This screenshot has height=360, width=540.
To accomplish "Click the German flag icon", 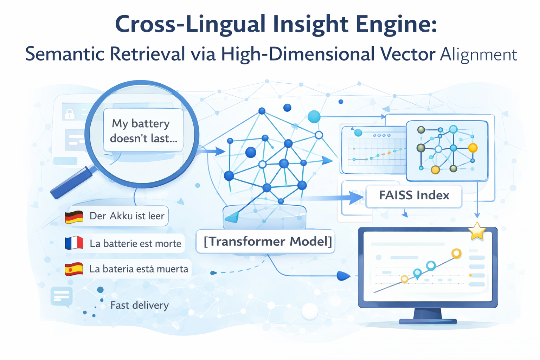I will coord(74,217).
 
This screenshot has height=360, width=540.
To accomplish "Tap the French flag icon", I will coord(74,243).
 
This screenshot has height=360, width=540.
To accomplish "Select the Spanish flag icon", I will coord(74,269).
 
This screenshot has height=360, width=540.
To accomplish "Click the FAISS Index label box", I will coord(414,195).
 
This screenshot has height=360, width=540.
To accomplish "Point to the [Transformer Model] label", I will coord(268,242).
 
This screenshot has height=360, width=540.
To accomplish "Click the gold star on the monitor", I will coord(477,231).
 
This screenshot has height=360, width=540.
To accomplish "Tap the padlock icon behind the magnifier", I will coord(70,114).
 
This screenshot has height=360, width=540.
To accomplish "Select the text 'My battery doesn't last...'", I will coord(143,131).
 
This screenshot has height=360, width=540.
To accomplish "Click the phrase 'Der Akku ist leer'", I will coord(127,216).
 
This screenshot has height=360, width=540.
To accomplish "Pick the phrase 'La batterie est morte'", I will coord(135,243).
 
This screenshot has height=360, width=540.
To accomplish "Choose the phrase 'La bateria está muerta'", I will coord(139,269).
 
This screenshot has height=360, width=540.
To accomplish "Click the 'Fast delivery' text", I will coord(140,305).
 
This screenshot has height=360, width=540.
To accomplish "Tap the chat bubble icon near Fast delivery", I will coord(62,297).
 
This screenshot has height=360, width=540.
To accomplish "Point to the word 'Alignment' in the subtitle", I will coord(478,55).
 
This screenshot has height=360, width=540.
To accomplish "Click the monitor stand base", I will coord(428,321).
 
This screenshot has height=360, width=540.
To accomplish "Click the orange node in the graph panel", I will coord(473,148).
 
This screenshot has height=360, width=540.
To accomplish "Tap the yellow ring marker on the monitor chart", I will coord(456,253).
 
